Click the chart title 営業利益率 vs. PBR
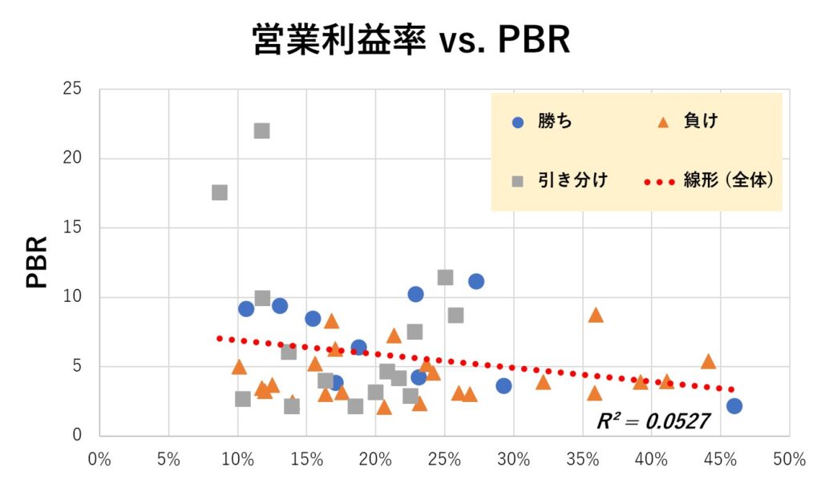tap(410, 40)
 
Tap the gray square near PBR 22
tap(261, 131)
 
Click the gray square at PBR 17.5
tap(220, 192)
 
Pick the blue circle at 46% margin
tap(734, 406)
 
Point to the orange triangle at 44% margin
tap(708, 361)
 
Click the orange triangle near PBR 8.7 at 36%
tap(595, 315)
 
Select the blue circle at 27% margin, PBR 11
tap(476, 281)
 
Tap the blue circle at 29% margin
tap(504, 385)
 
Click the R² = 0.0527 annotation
tap(653, 421)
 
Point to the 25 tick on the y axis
tap(72, 89)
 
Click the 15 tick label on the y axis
tap(72, 227)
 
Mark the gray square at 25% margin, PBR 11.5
tap(445, 277)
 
